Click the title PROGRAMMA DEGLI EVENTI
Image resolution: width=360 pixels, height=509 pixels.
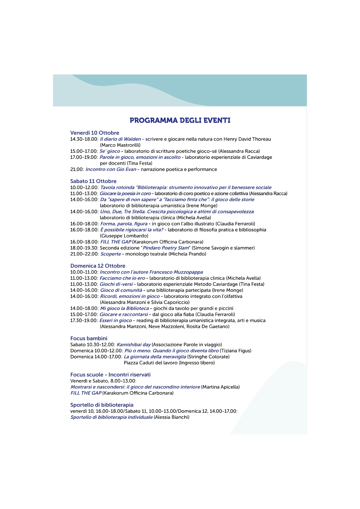(x=180, y=120)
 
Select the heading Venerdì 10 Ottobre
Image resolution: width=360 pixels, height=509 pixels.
(x=95, y=133)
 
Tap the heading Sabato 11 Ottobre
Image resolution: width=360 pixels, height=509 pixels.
(x=93, y=181)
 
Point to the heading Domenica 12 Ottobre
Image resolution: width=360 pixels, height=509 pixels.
(x=98, y=266)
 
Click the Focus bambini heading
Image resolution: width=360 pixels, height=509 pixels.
(x=89, y=338)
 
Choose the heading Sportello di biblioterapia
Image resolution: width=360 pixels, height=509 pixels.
(x=102, y=405)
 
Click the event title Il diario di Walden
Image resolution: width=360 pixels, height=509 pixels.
(x=120, y=139)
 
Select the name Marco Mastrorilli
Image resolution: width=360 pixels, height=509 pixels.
(x=120, y=145)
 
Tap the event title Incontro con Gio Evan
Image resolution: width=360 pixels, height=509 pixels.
(x=111, y=169)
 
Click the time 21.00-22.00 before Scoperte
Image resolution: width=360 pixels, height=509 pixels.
(x=84, y=254)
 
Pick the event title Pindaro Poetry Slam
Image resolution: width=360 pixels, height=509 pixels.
(x=166, y=248)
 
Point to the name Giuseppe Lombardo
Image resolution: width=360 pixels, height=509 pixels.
(x=124, y=236)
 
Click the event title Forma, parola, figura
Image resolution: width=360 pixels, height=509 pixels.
(x=124, y=224)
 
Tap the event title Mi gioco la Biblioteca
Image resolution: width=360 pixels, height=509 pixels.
(x=124, y=308)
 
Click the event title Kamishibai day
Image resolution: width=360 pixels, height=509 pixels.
(x=133, y=345)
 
